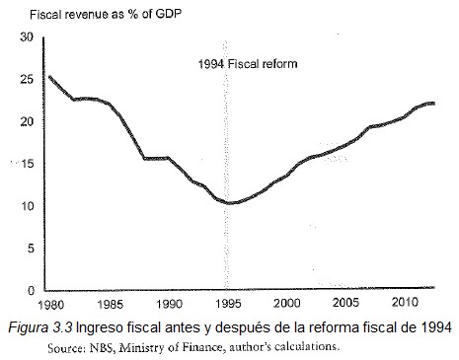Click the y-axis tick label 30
coord(27,36)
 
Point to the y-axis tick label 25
coord(27,79)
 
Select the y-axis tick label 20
coord(27,121)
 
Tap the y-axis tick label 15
coord(27,164)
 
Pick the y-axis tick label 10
coord(27,206)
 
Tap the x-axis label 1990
coord(169,305)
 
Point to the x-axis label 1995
coord(228,305)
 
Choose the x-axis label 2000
coord(286,305)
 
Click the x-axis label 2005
coord(345,305)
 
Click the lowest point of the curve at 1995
coord(230,203)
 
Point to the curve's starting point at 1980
coord(49,76)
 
